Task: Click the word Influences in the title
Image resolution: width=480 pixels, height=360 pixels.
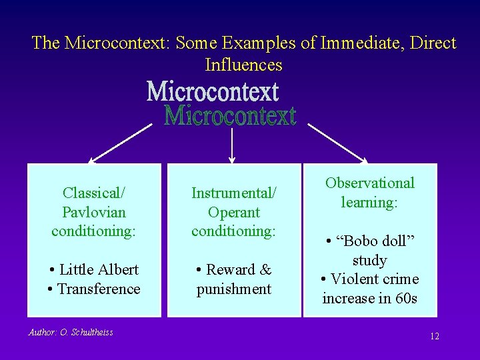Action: click(243, 65)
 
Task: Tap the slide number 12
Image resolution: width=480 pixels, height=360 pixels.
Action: click(435, 336)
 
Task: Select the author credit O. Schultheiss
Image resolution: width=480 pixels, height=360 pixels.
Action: click(71, 332)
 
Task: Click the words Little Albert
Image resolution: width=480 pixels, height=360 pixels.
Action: click(99, 269)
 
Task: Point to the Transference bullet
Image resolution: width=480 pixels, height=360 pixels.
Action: click(99, 289)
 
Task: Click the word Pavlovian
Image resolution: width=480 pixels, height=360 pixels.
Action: click(94, 212)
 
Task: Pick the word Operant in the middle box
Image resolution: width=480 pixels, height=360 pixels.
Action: click(233, 212)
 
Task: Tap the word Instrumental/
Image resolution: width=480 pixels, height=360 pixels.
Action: click(233, 193)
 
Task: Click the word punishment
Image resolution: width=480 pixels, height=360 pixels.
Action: click(233, 289)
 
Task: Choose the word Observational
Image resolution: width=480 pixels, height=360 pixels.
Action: click(369, 183)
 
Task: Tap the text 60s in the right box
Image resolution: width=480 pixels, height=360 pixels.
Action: click(405, 298)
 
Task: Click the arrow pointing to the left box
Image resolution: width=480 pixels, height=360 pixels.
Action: click(120, 143)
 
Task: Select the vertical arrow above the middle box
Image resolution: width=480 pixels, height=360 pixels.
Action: click(231, 145)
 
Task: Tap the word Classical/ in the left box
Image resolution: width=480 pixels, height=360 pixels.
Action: click(94, 193)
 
